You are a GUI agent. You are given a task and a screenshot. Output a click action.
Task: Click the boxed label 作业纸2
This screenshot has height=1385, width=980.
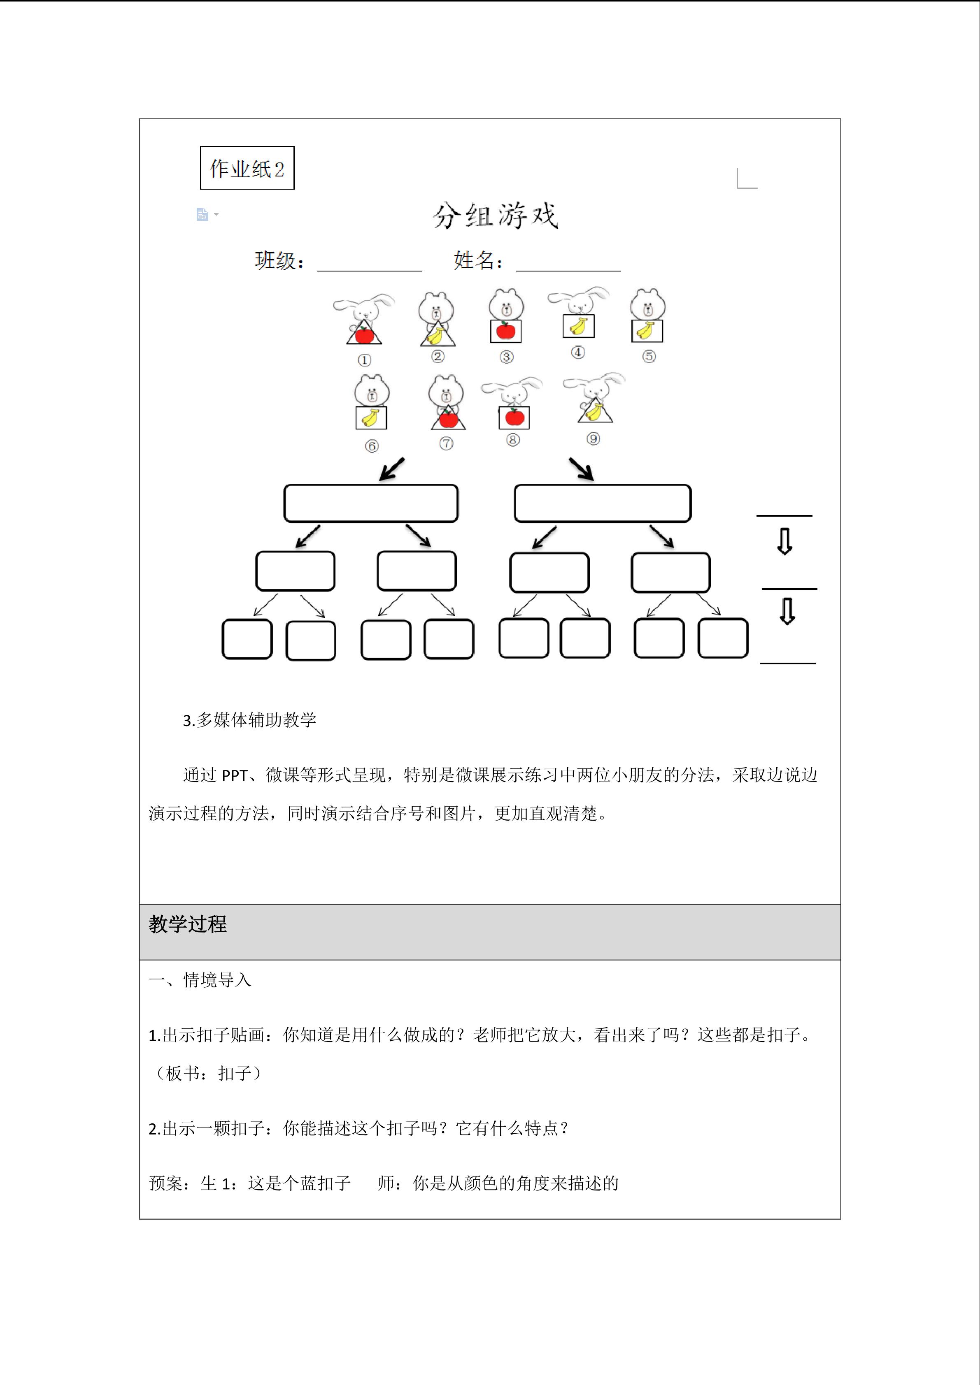(247, 168)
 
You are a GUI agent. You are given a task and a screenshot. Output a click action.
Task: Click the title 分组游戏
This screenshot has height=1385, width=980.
(496, 216)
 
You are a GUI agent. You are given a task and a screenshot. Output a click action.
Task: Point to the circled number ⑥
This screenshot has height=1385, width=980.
(372, 446)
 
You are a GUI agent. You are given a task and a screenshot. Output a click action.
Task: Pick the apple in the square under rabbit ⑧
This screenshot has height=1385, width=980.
(514, 417)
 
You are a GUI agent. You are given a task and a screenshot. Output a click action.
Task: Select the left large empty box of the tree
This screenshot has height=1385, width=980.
(370, 503)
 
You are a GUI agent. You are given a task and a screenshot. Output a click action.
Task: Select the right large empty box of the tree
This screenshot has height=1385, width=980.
(602, 503)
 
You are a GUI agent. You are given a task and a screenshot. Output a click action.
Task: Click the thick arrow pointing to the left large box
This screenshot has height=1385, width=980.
(392, 469)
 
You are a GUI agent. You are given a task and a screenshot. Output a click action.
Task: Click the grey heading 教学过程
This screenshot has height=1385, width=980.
(188, 924)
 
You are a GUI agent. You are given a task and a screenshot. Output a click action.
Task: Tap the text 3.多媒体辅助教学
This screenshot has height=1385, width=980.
(250, 719)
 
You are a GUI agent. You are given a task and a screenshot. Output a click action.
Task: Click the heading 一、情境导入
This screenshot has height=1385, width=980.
(200, 980)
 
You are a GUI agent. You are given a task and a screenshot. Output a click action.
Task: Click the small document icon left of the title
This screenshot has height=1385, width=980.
(202, 214)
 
